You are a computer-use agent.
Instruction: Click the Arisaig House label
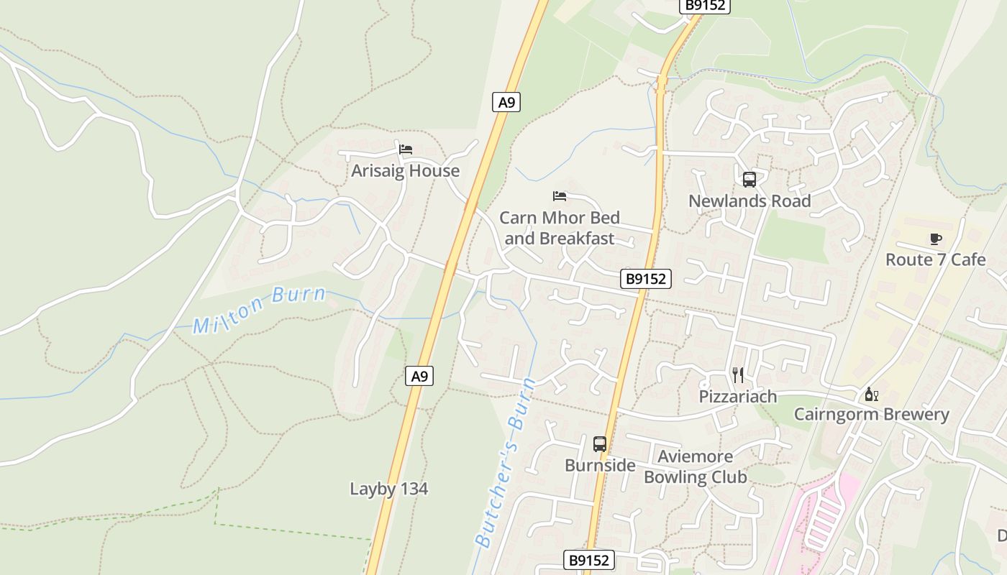click(405, 171)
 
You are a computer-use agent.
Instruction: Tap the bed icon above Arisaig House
click(406, 149)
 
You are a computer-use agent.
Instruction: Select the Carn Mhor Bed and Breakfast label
click(559, 228)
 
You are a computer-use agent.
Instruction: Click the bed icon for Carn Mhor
click(560, 195)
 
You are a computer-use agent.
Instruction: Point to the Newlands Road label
click(749, 201)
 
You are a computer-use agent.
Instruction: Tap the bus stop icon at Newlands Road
click(749, 180)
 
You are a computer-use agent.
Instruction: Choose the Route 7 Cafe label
click(935, 259)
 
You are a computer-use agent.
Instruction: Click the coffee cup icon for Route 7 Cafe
click(935, 239)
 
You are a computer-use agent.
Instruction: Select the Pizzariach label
click(738, 396)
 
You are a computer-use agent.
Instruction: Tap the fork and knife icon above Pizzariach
click(738, 374)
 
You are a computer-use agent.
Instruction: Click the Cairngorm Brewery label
click(871, 415)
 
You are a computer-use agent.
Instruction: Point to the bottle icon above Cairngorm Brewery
click(871, 394)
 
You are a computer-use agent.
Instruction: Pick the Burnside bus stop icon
click(600, 444)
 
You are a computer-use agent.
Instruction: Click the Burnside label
click(600, 466)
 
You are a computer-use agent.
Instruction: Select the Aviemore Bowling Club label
click(695, 466)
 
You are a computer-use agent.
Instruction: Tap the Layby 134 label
click(388, 489)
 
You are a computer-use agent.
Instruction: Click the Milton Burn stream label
click(259, 309)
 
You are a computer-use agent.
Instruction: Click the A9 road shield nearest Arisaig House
click(507, 102)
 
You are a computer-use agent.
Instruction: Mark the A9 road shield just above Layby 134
click(420, 375)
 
